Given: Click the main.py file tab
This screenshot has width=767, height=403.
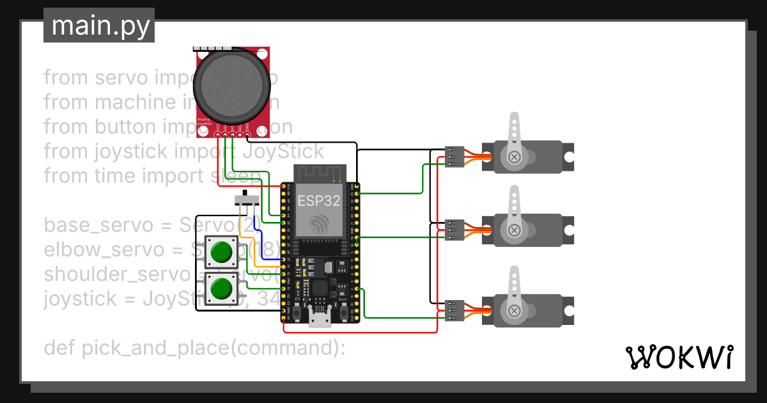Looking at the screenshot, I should tap(99, 26).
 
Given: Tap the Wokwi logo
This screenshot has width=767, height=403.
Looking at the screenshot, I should tap(678, 357).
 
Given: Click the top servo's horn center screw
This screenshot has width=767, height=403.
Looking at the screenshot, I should tap(514, 157).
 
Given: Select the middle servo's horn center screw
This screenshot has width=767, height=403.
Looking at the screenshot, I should tap(514, 230).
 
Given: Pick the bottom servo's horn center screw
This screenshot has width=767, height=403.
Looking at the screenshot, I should tap(514, 310).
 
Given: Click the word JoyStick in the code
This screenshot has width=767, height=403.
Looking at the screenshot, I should tap(284, 152).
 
